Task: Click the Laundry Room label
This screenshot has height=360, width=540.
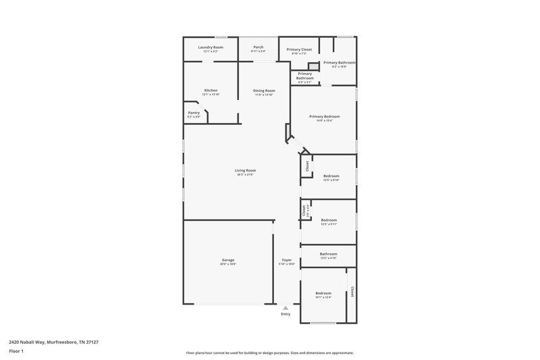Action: click(210, 47)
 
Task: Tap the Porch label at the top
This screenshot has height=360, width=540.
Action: click(258, 47)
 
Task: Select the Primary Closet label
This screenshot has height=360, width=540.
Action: click(298, 49)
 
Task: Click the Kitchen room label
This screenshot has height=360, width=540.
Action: click(211, 91)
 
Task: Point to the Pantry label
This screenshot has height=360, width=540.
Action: click(194, 113)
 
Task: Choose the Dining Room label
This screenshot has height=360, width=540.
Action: click(264, 91)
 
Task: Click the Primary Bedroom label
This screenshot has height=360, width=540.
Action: click(324, 116)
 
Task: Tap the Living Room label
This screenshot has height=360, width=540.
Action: click(245, 170)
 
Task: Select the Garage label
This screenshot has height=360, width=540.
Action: click(228, 260)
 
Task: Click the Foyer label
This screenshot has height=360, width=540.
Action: click(286, 260)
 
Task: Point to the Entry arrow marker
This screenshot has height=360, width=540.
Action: click(286, 307)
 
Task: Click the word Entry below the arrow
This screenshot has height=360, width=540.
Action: click(286, 314)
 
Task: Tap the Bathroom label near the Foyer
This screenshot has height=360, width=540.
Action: click(328, 254)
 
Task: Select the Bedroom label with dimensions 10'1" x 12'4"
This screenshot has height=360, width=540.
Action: click(323, 292)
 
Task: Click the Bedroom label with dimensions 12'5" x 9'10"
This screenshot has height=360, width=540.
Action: click(331, 176)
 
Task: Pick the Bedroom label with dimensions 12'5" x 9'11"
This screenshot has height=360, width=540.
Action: click(329, 220)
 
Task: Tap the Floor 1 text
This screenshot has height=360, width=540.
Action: click(16, 351)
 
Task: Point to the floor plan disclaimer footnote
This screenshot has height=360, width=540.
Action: click(270, 353)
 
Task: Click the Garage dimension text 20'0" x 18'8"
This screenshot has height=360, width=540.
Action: click(228, 264)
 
